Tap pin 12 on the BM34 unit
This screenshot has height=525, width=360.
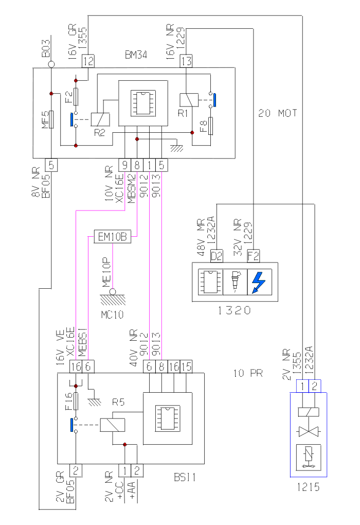88,61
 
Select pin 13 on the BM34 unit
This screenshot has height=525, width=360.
186,61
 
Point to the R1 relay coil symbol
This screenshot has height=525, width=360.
186,99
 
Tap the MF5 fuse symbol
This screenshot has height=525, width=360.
51,120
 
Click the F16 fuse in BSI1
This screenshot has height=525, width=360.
76,400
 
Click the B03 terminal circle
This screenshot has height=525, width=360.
51,64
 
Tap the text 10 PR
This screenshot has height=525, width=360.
248,373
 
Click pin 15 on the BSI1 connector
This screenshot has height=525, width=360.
186,366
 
